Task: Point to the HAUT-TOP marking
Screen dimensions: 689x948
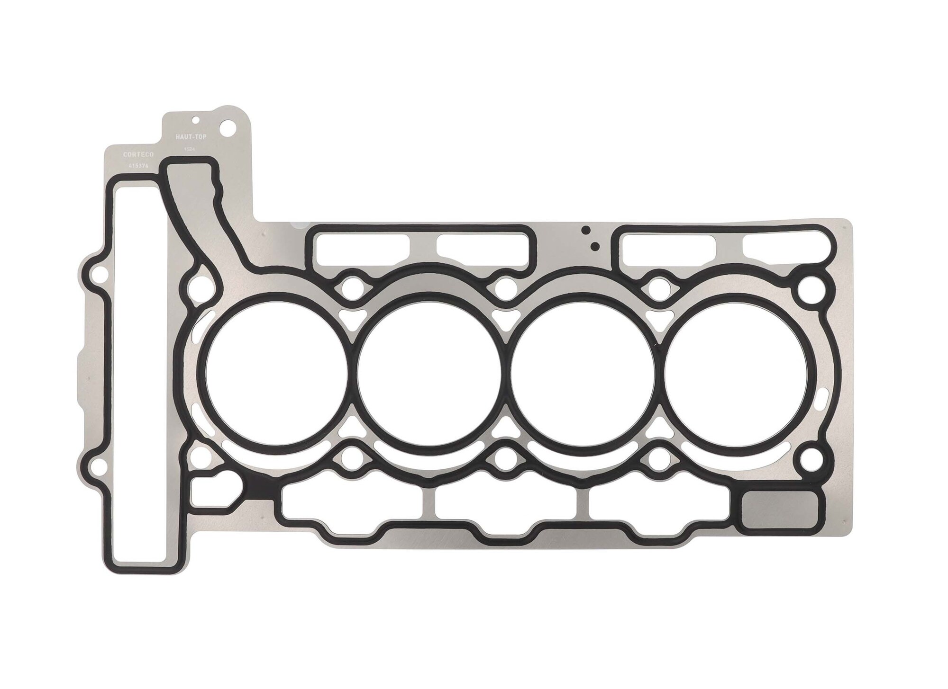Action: [x=188, y=136]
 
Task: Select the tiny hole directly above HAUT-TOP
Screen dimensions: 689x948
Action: [x=194, y=120]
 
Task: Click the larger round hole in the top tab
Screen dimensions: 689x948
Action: [x=228, y=127]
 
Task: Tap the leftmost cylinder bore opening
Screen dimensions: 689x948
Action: [x=277, y=370]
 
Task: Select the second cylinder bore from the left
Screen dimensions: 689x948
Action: [x=430, y=370]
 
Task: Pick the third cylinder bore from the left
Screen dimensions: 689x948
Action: [x=583, y=370]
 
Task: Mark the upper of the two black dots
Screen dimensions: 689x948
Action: [x=586, y=231]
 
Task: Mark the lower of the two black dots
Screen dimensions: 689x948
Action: [x=593, y=246]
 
